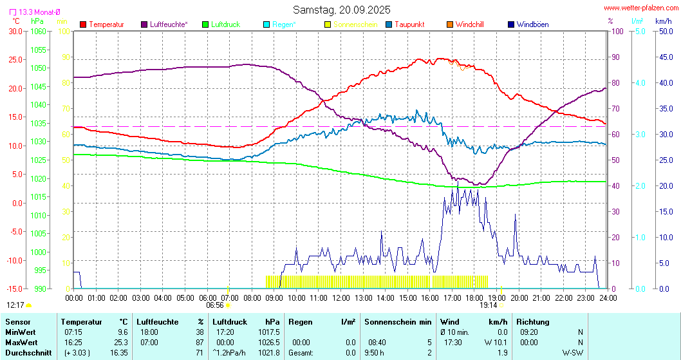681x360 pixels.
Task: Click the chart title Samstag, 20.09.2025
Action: point(340,10)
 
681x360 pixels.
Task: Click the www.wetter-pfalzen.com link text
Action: point(641,8)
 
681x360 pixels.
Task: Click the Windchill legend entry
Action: point(469,24)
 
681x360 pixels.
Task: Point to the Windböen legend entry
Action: point(532,24)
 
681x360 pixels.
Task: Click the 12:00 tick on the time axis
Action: point(340,298)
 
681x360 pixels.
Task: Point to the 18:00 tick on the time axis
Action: point(474,298)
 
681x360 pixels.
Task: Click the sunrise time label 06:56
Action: point(215,305)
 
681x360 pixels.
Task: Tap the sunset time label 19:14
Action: point(489,305)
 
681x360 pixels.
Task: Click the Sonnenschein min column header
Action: point(398,321)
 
